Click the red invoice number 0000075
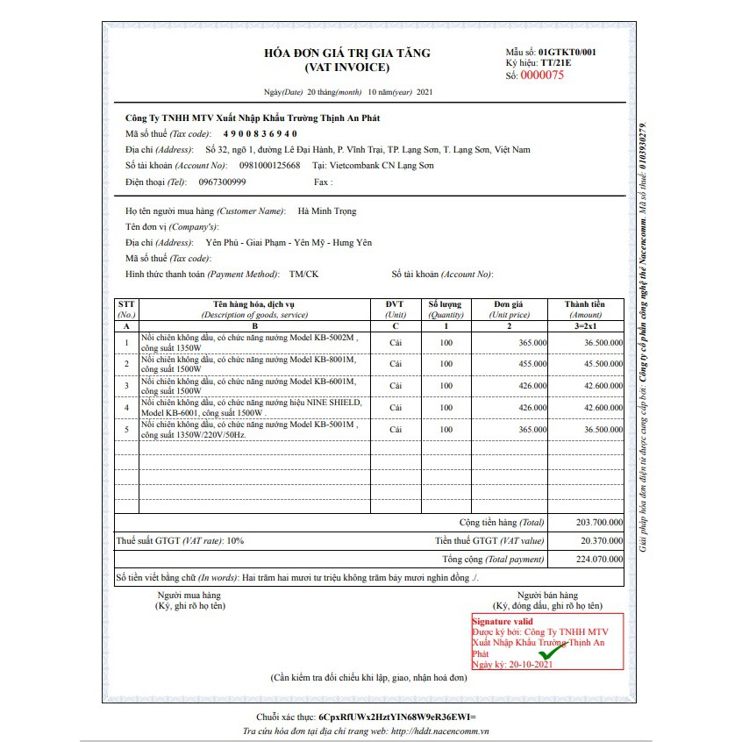(x=542, y=75)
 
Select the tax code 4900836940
(x=260, y=133)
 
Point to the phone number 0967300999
(x=222, y=182)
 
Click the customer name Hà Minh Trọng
(x=327, y=211)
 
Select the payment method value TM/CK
(x=303, y=275)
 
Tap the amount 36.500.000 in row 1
(x=603, y=342)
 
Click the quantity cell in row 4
(x=446, y=408)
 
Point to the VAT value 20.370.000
(x=600, y=541)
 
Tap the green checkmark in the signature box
(x=552, y=653)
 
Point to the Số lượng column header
(x=446, y=304)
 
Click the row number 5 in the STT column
(x=127, y=430)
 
